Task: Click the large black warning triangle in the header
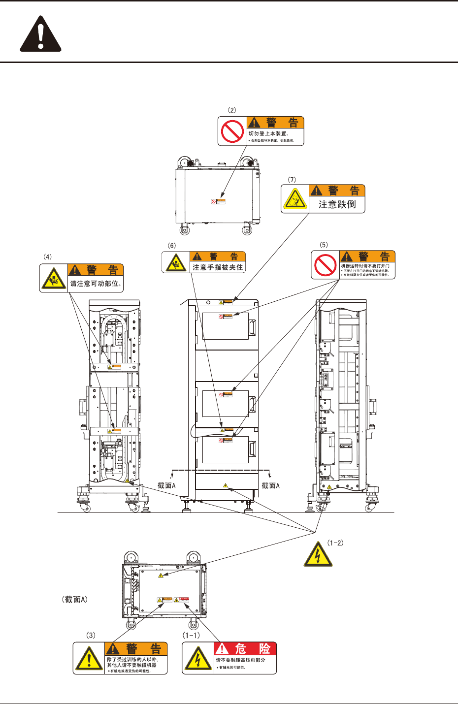[40, 34]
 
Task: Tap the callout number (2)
[231, 110]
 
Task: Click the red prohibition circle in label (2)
[232, 131]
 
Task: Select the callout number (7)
[292, 180]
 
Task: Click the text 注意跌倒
[337, 204]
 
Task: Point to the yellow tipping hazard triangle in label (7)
[295, 199]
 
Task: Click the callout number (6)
[171, 246]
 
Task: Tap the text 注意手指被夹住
[218, 267]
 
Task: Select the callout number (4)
[47, 257]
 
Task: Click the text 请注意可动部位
[96, 284]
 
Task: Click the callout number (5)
[324, 245]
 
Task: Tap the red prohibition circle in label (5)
[326, 265]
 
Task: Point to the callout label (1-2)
[335, 543]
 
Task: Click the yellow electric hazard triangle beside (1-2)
[318, 554]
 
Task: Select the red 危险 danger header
[245, 649]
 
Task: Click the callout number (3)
[91, 636]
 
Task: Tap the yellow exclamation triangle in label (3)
[89, 659]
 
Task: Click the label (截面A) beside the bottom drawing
[75, 600]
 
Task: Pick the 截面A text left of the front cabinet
[166, 485]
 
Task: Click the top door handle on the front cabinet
[252, 327]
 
